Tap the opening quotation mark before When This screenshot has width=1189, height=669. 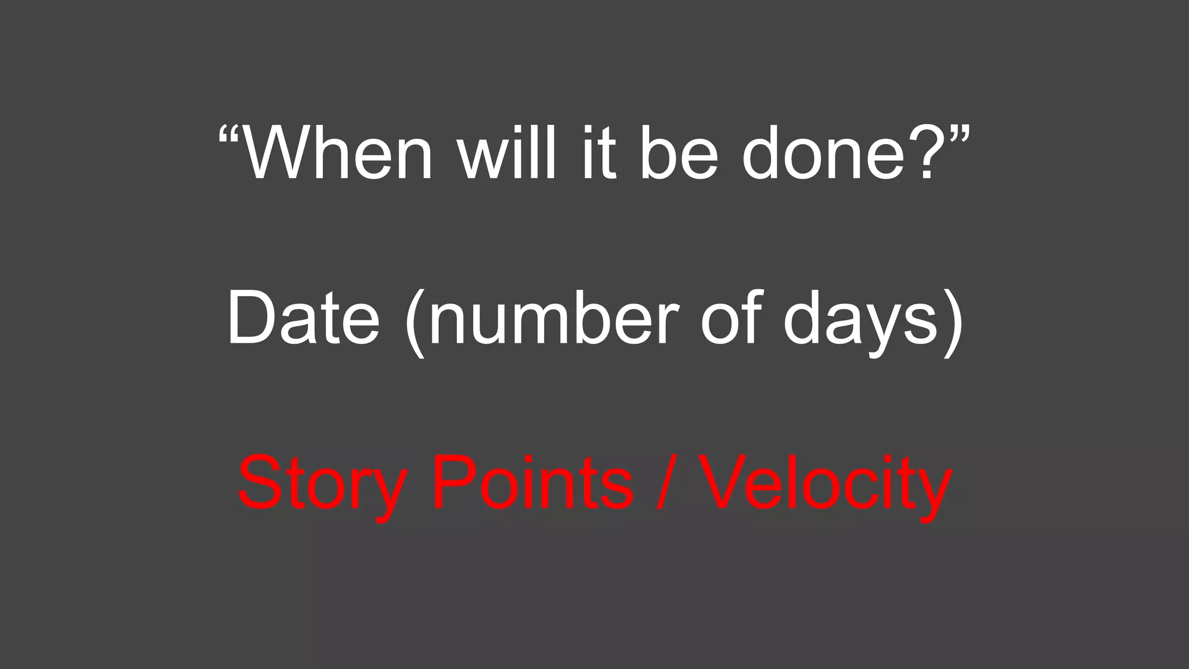coord(229,137)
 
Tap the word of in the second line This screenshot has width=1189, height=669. coord(730,318)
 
